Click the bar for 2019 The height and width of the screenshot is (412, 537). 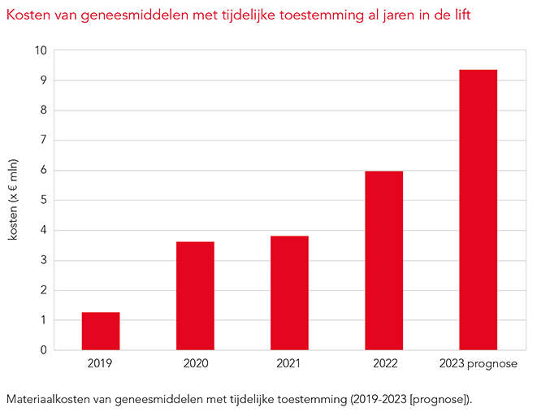(101, 331)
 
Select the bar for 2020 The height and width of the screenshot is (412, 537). (195, 296)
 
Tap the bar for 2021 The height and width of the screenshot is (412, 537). (289, 293)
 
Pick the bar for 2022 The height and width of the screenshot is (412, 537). (383, 260)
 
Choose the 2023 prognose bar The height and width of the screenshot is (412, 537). (478, 210)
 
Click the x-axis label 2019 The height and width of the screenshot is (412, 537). (101, 363)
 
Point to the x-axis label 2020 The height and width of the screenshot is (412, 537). (195, 363)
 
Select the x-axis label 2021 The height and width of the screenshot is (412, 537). (289, 363)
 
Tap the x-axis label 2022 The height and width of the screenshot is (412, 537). (383, 363)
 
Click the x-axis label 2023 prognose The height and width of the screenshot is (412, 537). (478, 363)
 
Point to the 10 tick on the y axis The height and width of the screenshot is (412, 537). (40, 50)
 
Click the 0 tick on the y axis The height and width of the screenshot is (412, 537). (43, 350)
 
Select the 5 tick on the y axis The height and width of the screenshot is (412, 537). (43, 201)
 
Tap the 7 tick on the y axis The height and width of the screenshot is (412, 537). (43, 141)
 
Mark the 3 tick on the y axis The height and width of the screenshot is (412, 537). (43, 261)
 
